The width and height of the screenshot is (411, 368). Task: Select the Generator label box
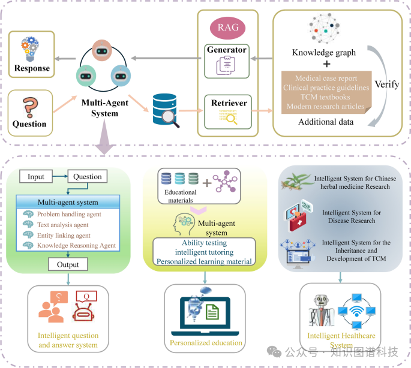(227, 49)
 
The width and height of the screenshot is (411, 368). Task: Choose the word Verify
(387, 85)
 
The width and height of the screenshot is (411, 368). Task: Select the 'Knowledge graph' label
(324, 52)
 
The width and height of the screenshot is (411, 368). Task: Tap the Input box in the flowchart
(37, 177)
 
